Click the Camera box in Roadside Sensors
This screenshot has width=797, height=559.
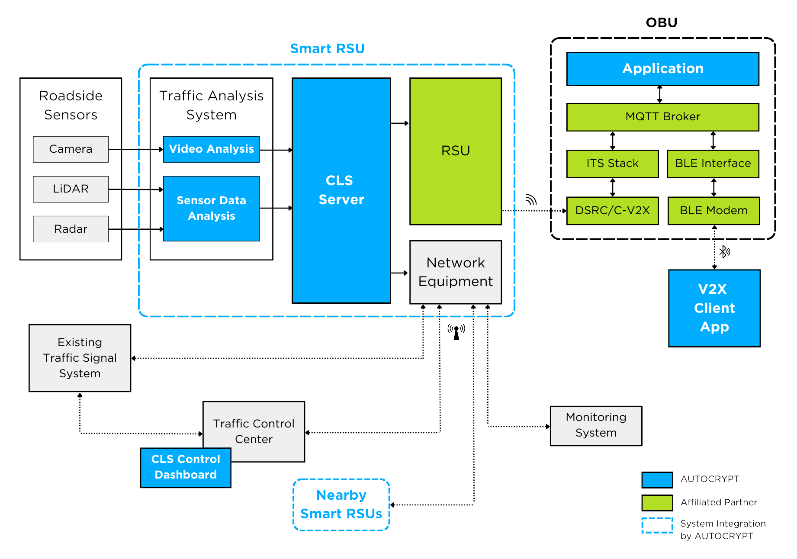click(71, 149)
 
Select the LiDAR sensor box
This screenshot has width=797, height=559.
click(71, 189)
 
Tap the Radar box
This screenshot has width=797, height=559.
click(71, 229)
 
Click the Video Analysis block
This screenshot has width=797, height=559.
click(211, 149)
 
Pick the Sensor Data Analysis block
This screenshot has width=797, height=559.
click(211, 208)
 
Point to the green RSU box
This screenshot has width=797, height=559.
click(456, 151)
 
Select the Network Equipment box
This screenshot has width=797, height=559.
click(456, 272)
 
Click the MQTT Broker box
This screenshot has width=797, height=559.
click(662, 117)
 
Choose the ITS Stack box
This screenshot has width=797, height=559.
click(612, 164)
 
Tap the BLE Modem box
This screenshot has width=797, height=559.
click(713, 211)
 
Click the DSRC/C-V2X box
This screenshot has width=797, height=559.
click(612, 211)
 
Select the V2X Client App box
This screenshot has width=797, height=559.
click(714, 308)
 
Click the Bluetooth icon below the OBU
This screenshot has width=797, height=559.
click(724, 251)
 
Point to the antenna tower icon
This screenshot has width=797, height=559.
click(456, 332)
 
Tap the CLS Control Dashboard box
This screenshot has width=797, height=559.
click(186, 467)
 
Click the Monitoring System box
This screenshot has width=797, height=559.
click(596, 425)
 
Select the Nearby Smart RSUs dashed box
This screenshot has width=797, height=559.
click(341, 504)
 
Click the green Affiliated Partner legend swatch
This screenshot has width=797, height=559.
click(657, 503)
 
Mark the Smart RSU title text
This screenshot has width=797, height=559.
click(327, 49)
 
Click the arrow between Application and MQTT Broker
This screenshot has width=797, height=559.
click(659, 94)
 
